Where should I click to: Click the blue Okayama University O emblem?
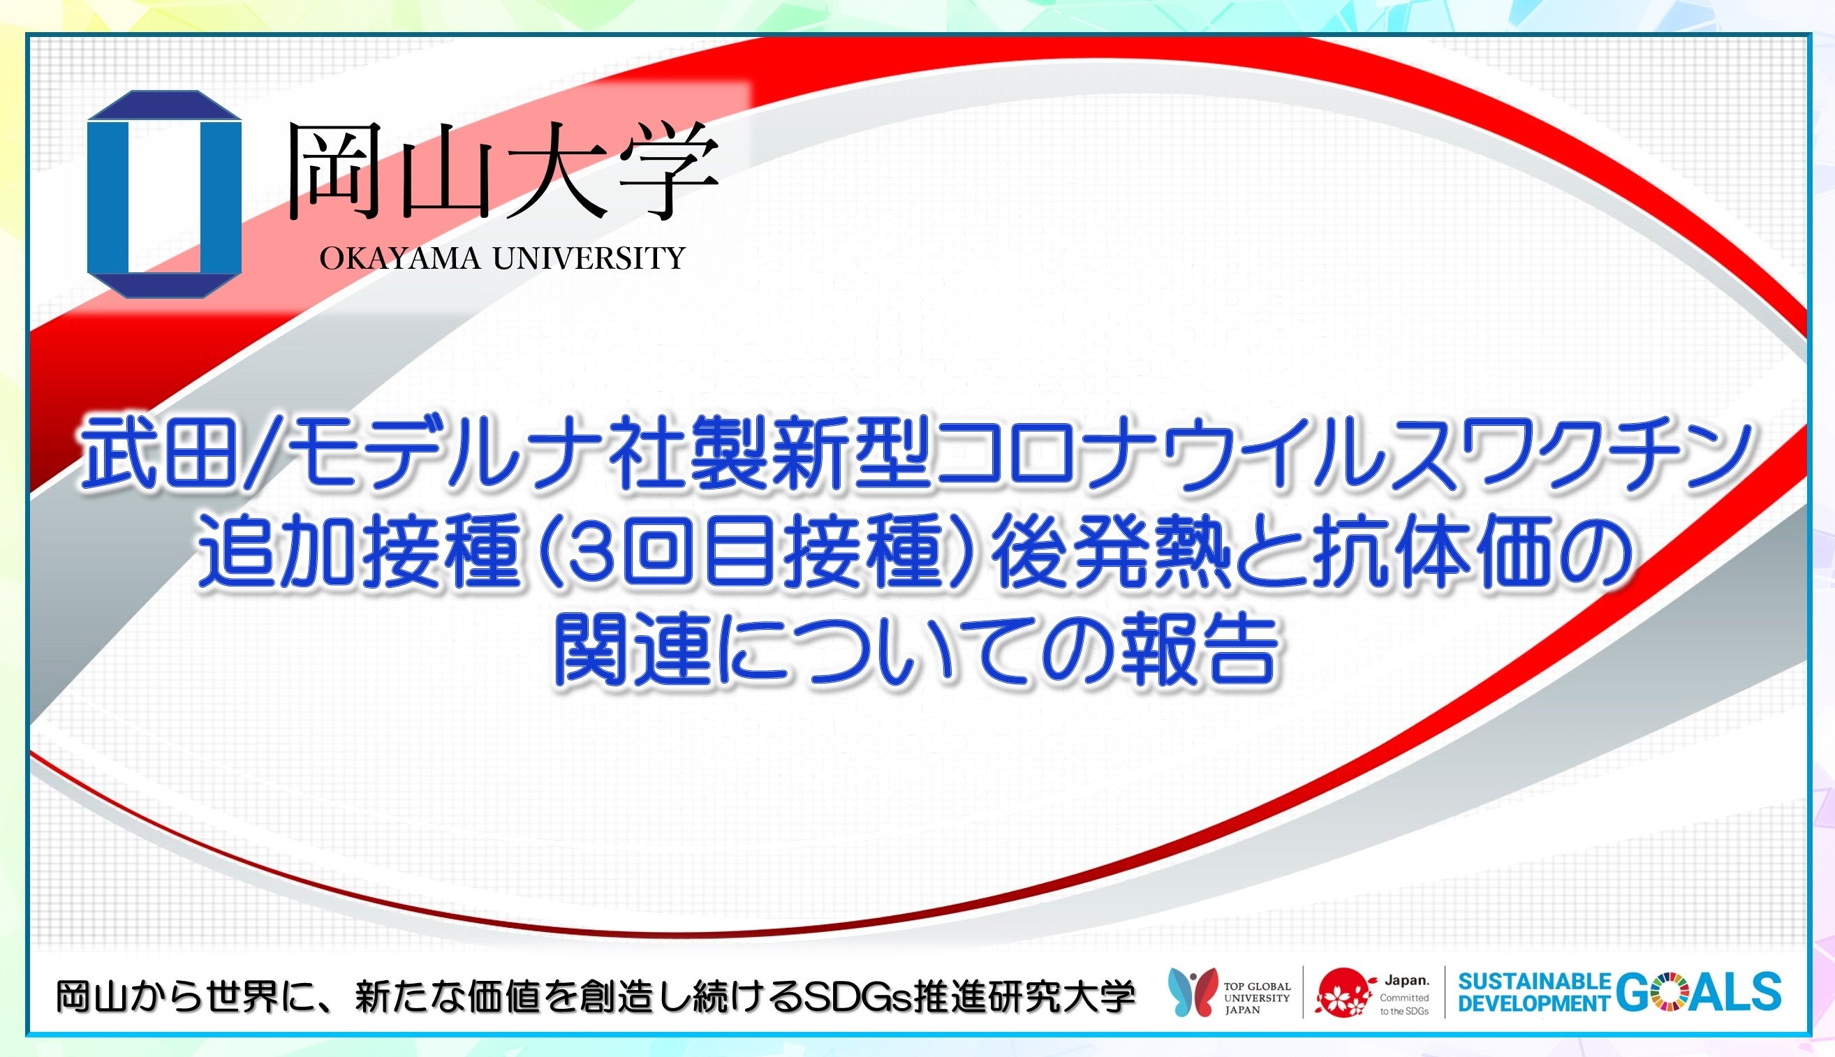point(164,194)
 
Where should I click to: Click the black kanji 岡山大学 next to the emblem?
point(502,171)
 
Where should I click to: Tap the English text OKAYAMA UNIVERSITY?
point(502,258)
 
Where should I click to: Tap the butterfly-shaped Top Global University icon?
point(1193,991)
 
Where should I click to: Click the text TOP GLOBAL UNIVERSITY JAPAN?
point(1256,998)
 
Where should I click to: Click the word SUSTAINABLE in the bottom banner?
point(1534,982)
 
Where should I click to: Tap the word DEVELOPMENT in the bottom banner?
point(1534,1003)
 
